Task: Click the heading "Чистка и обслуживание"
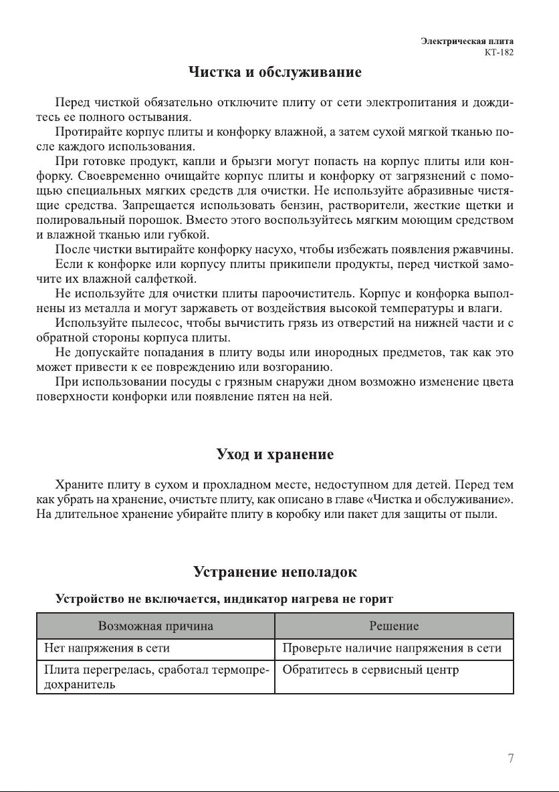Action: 275,72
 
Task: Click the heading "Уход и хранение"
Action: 275,454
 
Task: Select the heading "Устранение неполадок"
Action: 275,572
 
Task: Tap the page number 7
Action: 511,758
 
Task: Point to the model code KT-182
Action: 499,52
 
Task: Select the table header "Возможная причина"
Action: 156,626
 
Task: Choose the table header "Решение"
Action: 394,626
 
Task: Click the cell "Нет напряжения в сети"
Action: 107,648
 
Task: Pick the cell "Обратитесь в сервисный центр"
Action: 370,670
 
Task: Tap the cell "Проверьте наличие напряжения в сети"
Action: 392,648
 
